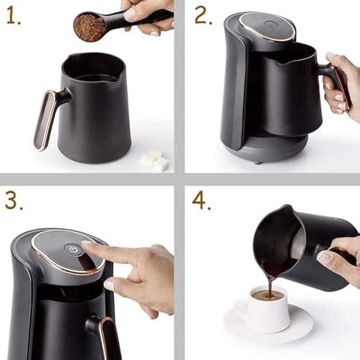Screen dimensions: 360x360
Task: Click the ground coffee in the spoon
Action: pyautogui.click(x=89, y=27)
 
